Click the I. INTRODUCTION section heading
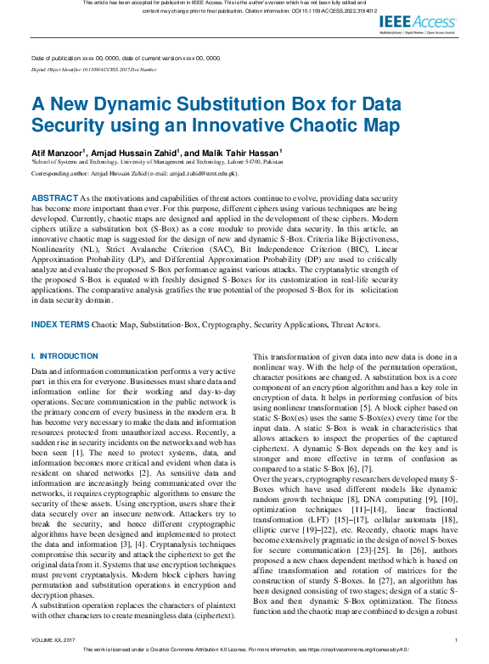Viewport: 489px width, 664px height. pyautogui.click(x=65, y=356)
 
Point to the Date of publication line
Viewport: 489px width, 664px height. pyautogui.click(x=126, y=59)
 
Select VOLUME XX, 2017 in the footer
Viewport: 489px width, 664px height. pyautogui.click(x=53, y=639)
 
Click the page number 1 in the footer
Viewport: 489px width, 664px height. pyautogui.click(x=456, y=639)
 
